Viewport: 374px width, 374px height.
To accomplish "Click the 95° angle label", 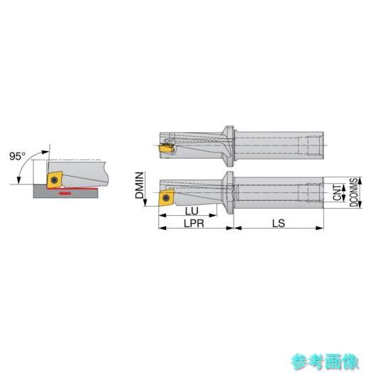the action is (x=17, y=156).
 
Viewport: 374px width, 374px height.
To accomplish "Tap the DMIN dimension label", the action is (x=140, y=185).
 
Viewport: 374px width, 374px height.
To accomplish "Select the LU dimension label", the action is (x=192, y=211).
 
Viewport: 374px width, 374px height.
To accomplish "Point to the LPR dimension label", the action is (x=194, y=224).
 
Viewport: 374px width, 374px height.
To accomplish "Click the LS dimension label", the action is (x=279, y=224).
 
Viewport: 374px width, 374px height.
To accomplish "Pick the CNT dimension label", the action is (x=337, y=192).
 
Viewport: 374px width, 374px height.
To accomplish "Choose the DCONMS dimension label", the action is (x=354, y=192).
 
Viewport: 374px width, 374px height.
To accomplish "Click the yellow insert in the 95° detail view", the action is (x=55, y=180).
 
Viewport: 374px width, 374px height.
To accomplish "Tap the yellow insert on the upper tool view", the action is (x=167, y=149).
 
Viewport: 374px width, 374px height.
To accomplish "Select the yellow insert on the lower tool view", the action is (x=166, y=197).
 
